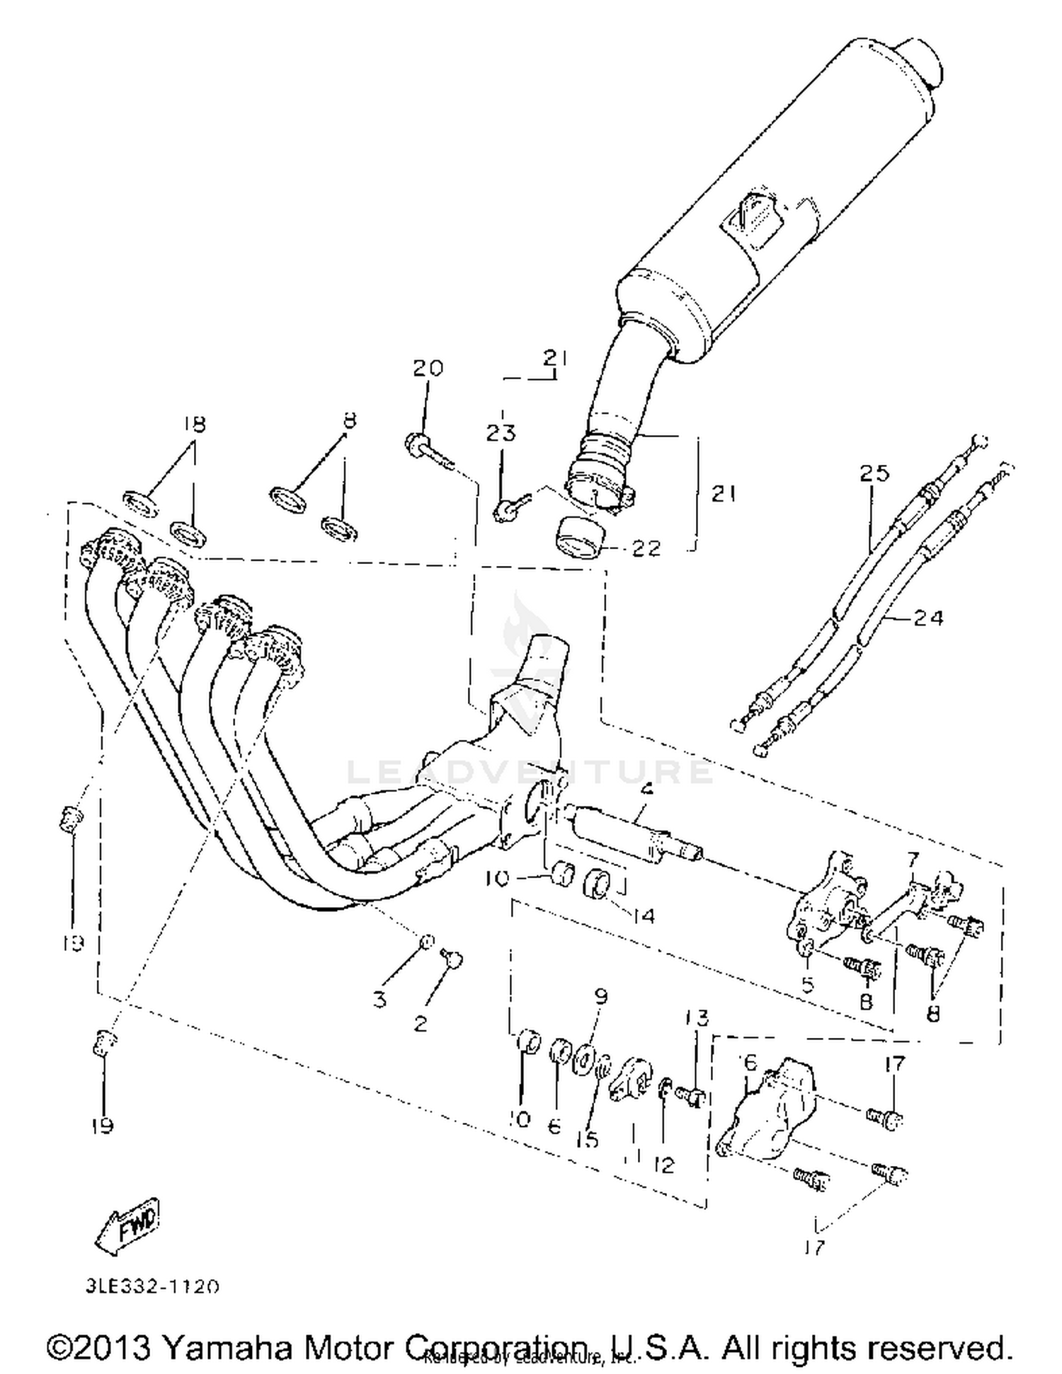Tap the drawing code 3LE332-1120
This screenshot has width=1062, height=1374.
point(153,1286)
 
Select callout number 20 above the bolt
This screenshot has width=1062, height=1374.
point(428,368)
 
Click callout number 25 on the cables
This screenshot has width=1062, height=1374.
point(874,473)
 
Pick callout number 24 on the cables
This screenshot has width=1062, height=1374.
point(927,618)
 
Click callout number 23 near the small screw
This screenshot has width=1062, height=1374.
point(501,432)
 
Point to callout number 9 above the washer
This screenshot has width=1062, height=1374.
point(600,996)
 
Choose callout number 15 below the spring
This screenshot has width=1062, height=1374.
point(587,1138)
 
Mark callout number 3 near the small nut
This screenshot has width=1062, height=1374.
point(380,999)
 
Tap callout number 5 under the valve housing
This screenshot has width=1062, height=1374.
point(808,984)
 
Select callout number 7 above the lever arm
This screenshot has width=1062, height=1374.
point(913,860)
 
